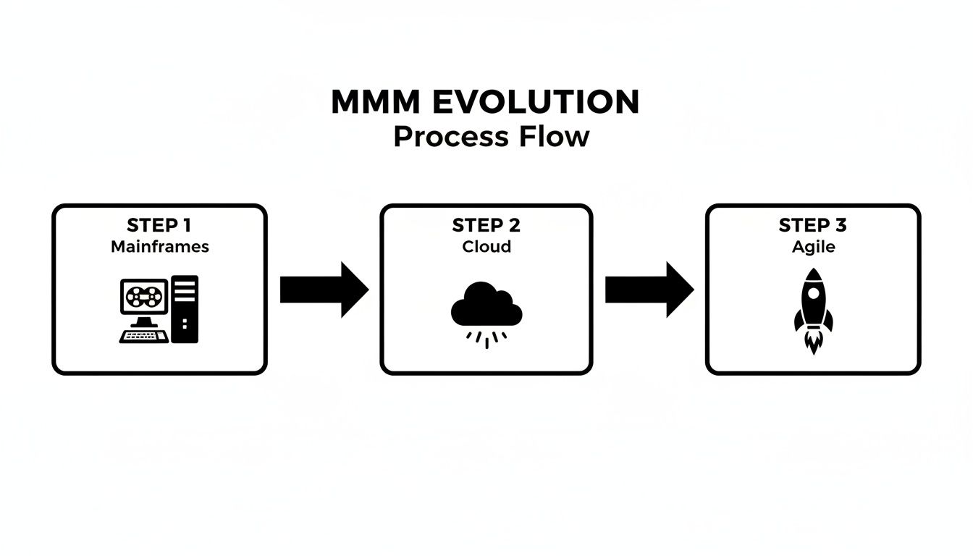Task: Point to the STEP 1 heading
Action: click(x=159, y=225)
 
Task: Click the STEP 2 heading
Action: click(x=486, y=225)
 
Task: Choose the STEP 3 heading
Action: click(x=812, y=225)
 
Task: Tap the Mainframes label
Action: click(x=159, y=247)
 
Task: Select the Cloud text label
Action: click(x=486, y=247)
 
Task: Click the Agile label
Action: click(x=813, y=247)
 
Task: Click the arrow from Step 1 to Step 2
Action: click(x=323, y=290)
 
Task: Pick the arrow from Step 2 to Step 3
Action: click(x=649, y=290)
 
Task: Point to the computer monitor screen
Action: click(x=144, y=296)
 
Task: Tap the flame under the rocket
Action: click(x=813, y=342)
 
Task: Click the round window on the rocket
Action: click(x=813, y=294)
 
